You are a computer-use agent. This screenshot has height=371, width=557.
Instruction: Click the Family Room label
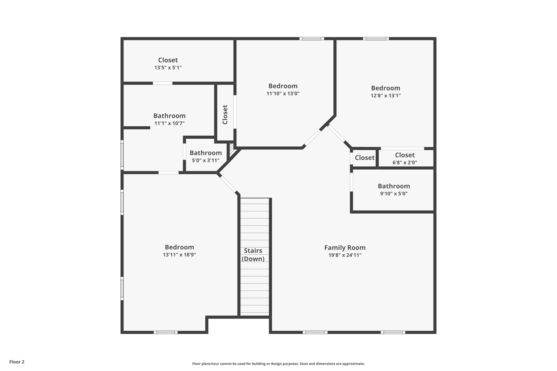click(345, 248)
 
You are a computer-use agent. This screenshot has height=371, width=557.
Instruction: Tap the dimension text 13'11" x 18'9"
click(179, 255)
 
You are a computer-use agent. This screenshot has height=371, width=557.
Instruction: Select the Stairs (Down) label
click(253, 255)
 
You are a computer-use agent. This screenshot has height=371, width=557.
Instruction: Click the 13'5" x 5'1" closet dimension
click(168, 68)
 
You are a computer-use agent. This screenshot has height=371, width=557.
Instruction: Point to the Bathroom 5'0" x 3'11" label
click(206, 153)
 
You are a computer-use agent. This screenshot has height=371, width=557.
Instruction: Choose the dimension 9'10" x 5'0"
click(394, 194)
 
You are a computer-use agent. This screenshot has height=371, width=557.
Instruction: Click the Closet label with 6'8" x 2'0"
click(405, 155)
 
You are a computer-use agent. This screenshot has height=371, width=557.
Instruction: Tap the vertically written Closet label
click(225, 114)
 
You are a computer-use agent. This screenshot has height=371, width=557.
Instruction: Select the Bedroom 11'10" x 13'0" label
click(283, 86)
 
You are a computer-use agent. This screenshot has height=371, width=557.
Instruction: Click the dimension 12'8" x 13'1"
click(385, 96)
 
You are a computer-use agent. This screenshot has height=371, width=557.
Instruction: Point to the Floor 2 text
click(17, 362)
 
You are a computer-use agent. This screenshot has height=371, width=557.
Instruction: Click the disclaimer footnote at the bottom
click(278, 364)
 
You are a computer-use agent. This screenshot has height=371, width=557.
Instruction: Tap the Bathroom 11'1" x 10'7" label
click(169, 116)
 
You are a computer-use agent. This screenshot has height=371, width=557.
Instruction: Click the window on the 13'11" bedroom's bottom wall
click(165, 332)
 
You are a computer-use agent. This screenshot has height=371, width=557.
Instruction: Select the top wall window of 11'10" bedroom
click(312, 39)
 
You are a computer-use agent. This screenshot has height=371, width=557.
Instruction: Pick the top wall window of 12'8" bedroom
click(376, 39)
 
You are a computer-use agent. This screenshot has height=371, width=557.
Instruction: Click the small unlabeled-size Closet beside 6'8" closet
click(364, 158)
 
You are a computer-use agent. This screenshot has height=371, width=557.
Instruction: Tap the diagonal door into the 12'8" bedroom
click(336, 133)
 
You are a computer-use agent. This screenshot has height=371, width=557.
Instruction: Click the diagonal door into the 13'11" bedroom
click(228, 184)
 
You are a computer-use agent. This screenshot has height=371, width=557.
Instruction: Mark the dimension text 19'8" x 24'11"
click(345, 255)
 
